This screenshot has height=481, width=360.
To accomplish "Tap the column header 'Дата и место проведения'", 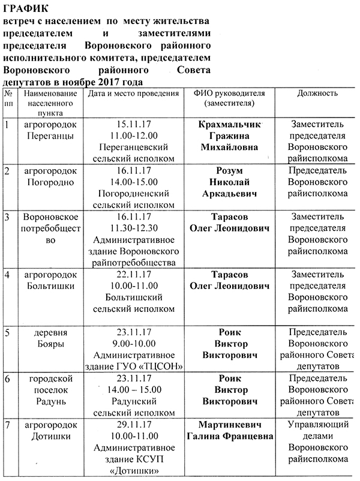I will coord(133,94).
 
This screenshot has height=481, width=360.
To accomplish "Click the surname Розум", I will coord(232,171).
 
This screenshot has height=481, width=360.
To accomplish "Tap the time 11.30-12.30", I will coord(130,227).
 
